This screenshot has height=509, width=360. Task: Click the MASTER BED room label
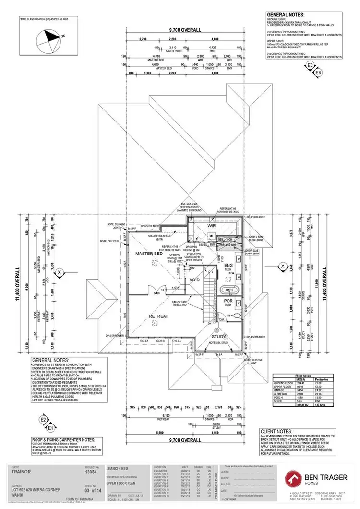point(147,253)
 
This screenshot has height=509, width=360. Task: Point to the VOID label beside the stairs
point(194,279)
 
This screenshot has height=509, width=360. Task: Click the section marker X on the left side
point(59,272)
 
